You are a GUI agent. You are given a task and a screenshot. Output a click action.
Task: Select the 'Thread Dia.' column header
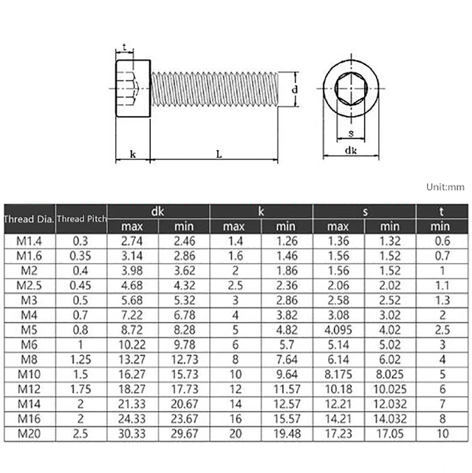[28, 218]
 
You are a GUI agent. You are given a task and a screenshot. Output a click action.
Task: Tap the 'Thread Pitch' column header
[81, 218]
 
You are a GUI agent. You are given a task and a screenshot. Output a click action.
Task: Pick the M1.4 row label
[28, 239]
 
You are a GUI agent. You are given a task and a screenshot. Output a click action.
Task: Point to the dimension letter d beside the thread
[295, 89]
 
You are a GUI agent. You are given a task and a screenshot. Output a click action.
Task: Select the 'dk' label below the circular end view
[351, 150]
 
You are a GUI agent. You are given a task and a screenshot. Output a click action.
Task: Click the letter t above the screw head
[125, 47]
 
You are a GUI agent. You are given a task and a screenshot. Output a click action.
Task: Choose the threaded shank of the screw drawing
[214, 89]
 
